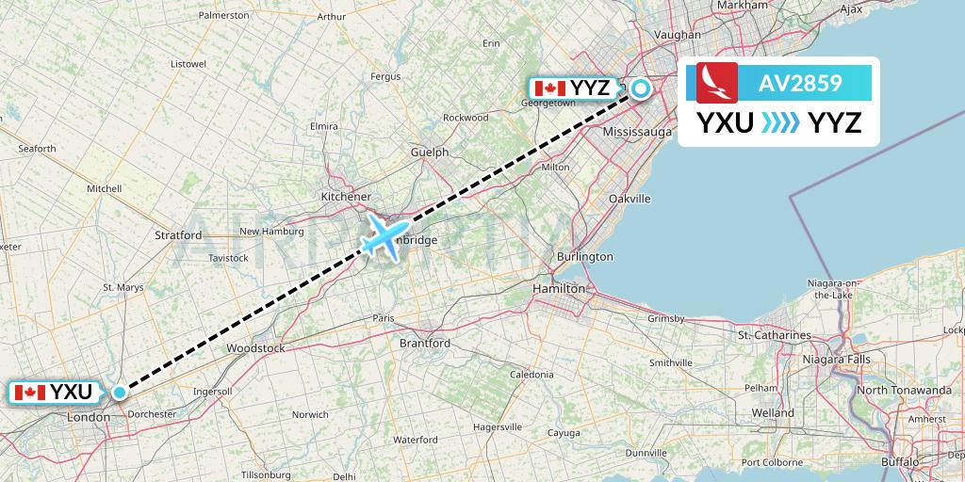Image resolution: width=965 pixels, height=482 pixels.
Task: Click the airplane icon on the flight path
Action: tap(384, 234)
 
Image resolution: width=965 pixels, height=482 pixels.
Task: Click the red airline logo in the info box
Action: tap(716, 84)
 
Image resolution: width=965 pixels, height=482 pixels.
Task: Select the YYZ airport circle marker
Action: tap(641, 89)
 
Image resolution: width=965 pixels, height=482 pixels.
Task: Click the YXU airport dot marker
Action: tap(120, 392)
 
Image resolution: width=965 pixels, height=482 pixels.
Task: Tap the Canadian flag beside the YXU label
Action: tap(30, 392)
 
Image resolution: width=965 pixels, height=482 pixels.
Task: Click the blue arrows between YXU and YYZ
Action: tap(779, 122)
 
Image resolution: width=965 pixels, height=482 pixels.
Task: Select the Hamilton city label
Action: tap(559, 289)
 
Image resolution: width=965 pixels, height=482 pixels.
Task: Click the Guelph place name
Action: tap(430, 152)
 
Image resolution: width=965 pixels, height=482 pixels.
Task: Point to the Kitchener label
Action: tap(346, 196)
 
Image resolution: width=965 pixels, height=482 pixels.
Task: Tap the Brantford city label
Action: tap(425, 344)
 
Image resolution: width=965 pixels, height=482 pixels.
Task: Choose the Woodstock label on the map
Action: tap(255, 348)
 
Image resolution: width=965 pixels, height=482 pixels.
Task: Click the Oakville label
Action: tap(630, 199)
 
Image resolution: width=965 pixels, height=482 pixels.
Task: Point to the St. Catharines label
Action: tap(775, 335)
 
